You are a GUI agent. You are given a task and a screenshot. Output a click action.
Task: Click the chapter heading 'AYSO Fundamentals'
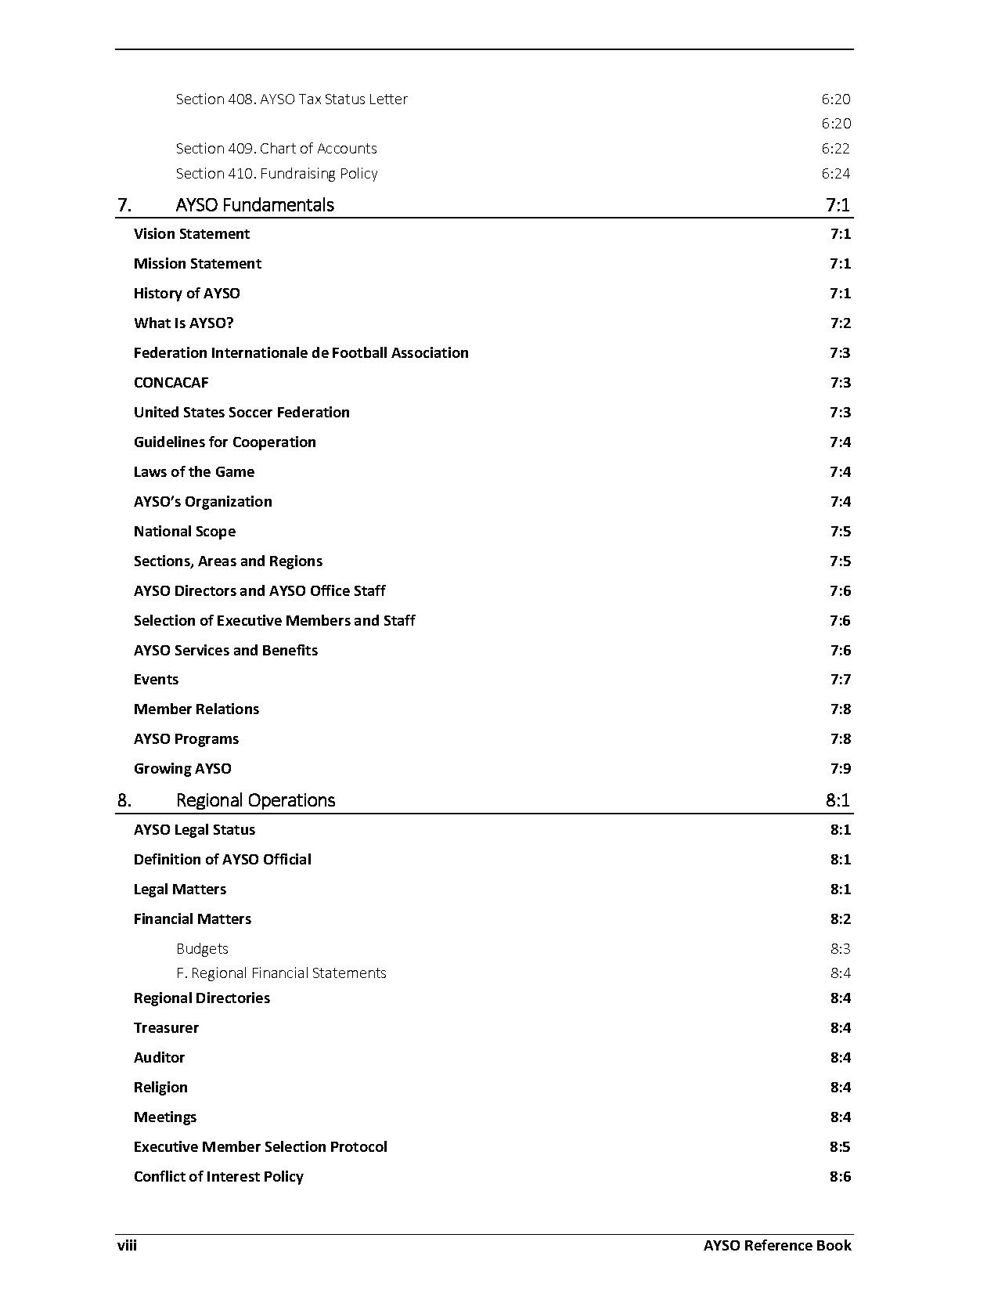(254, 205)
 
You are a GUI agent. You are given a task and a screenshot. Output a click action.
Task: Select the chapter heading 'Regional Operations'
(255, 800)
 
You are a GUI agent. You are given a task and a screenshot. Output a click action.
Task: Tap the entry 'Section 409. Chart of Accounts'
(276, 149)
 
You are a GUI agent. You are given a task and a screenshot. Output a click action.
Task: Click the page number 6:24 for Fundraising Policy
(835, 174)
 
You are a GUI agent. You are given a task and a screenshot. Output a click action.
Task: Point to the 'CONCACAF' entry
(171, 383)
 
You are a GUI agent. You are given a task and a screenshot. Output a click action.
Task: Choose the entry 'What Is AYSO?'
(183, 323)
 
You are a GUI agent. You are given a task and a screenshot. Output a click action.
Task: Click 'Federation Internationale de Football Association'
(301, 353)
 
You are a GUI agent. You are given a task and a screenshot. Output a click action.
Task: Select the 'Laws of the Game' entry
(193, 472)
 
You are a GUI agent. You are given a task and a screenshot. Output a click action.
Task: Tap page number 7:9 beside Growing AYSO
(840, 769)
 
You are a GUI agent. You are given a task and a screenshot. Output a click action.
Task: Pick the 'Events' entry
(156, 680)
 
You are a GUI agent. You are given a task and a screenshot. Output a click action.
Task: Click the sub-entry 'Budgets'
(202, 949)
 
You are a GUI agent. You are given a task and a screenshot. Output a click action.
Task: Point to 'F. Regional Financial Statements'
(281, 973)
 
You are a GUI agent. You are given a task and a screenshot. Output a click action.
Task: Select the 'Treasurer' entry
(166, 1028)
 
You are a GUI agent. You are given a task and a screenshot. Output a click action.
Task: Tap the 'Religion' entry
(160, 1088)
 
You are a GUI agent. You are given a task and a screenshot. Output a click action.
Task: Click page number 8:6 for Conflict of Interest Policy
(840, 1177)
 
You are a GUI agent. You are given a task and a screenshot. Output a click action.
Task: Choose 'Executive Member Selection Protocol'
(260, 1147)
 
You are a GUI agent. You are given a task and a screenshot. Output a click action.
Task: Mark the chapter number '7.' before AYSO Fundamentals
(124, 205)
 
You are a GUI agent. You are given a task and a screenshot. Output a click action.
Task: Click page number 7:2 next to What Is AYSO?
(840, 323)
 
